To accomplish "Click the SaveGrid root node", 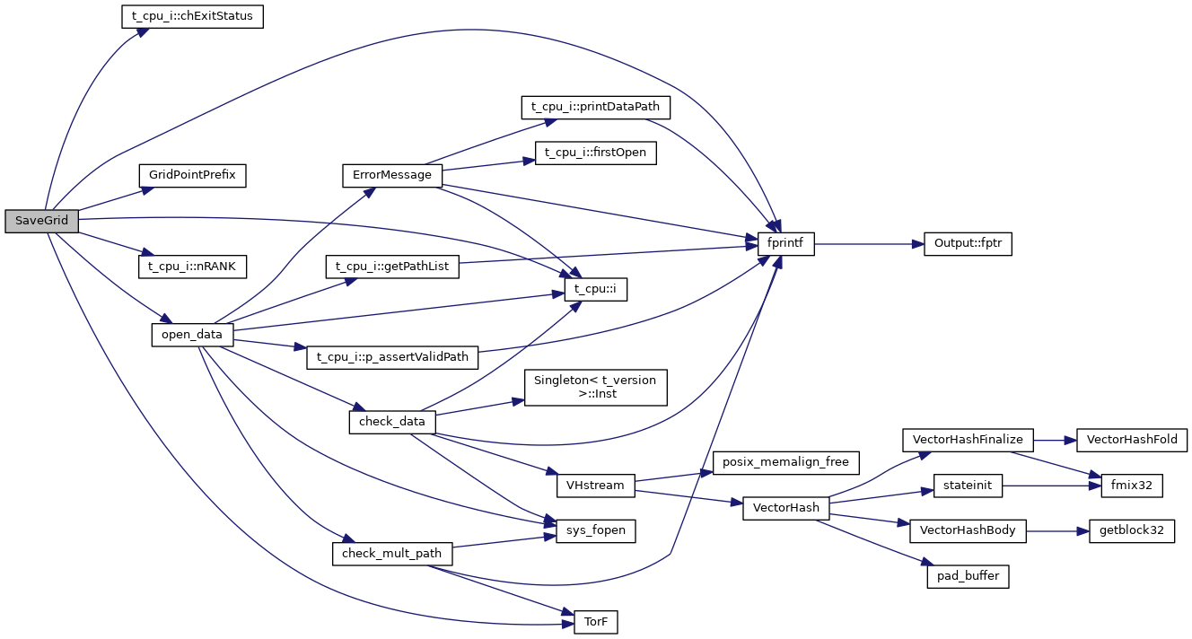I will pos(41,221).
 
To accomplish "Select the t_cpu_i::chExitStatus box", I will pos(192,17).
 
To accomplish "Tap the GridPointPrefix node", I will pos(192,175).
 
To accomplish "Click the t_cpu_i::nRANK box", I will pos(192,267).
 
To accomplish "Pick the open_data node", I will pos(192,335).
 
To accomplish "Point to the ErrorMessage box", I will pos(392,175).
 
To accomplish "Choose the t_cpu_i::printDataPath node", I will pos(595,107).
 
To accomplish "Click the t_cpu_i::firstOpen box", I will pos(595,153).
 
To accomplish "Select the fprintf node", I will pos(786,244).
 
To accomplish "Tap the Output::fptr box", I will pos(968,244).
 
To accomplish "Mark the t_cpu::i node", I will pos(595,289).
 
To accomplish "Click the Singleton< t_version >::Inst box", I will pos(595,387).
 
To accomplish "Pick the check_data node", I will pos(392,421).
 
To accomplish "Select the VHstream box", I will pos(595,486).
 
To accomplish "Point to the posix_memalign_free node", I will pos(786,463).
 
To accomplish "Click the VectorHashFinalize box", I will pos(968,440).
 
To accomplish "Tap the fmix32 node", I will pos(1125,486).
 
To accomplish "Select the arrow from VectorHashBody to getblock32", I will pos(1056,530).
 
